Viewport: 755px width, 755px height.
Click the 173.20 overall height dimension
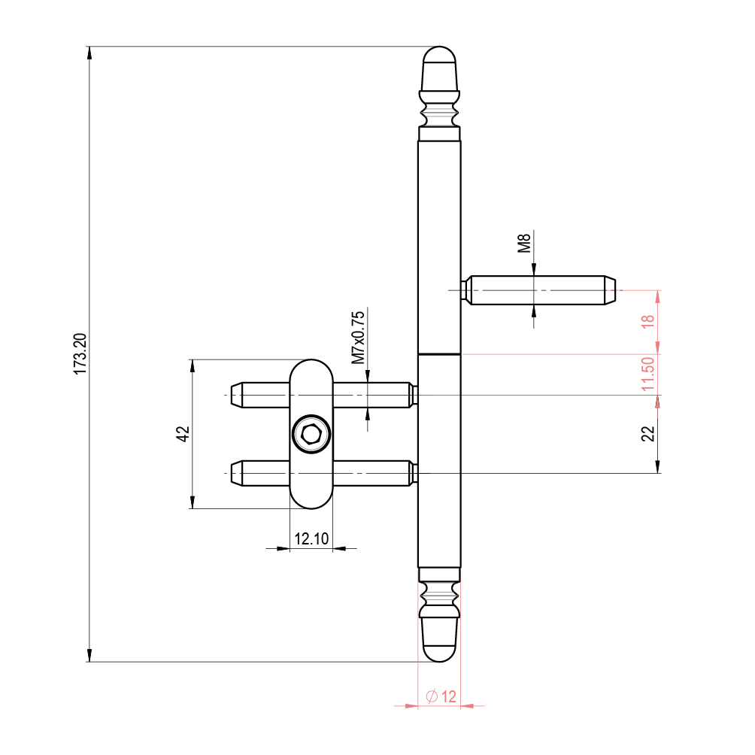coord(80,354)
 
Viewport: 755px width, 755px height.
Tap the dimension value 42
coord(183,434)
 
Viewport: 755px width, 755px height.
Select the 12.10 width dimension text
coord(311,538)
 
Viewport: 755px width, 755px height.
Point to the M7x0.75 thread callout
coord(358,338)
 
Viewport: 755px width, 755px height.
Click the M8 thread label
coord(524,243)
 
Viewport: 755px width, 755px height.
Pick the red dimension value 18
coord(648,321)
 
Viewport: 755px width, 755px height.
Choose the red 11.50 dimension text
coord(648,374)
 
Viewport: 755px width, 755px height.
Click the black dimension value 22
coord(648,433)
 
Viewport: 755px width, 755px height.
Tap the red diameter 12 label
coord(441,696)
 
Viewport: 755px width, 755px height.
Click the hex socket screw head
coord(311,434)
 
